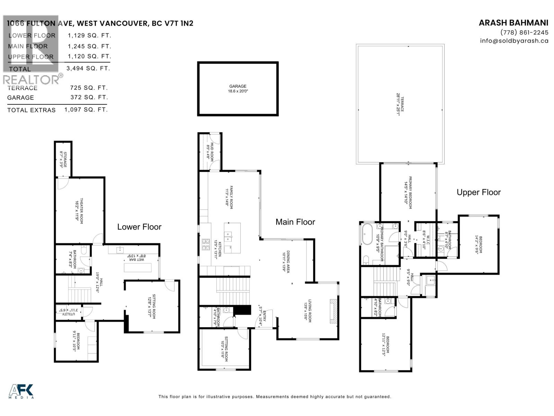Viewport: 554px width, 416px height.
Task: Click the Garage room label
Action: pyautogui.click(x=238, y=89)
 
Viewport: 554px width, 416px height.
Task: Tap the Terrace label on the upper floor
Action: pyautogui.click(x=400, y=104)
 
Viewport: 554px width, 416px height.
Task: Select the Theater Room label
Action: pyautogui.click(x=79, y=210)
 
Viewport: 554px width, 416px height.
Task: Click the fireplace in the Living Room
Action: pyautogui.click(x=333, y=311)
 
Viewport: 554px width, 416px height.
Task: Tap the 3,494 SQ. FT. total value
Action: pyautogui.click(x=89, y=68)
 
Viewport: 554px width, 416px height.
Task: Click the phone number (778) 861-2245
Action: pyautogui.click(x=524, y=32)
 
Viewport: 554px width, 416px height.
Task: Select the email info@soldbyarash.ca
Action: pyautogui.click(x=514, y=41)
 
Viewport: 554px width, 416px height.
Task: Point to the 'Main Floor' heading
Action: pyautogui.click(x=295, y=222)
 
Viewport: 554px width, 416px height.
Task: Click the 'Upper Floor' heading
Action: pyautogui.click(x=479, y=192)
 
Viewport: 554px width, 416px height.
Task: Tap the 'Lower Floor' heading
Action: pyautogui.click(x=139, y=227)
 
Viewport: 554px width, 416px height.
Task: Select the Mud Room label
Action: pyautogui.click(x=210, y=151)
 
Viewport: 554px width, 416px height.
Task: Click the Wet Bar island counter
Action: pyautogui.click(x=137, y=268)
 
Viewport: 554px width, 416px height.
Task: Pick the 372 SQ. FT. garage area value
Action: pyautogui.click(x=89, y=97)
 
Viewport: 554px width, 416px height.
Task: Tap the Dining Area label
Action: pyautogui.click(x=285, y=261)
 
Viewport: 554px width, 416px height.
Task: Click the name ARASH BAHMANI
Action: pyautogui.click(x=513, y=23)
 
